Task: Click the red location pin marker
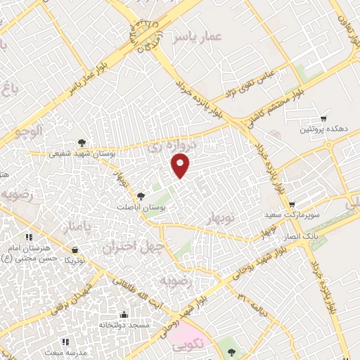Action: pyautogui.click(x=181, y=165)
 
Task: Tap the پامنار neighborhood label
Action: pyautogui.click(x=77, y=229)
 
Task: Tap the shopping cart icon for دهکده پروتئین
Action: pyautogui.click(x=323, y=119)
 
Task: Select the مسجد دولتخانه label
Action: pyautogui.click(x=124, y=326)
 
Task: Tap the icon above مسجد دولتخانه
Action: pyautogui.click(x=124, y=314)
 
